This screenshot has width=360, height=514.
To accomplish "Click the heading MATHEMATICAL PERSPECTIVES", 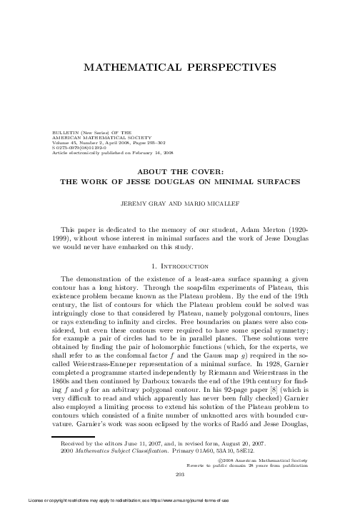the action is pyautogui.click(x=180, y=66).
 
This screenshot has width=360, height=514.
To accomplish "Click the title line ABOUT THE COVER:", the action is pyautogui.click(x=180, y=171).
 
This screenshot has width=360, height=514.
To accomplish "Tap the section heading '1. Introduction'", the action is pyautogui.click(x=180, y=265).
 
